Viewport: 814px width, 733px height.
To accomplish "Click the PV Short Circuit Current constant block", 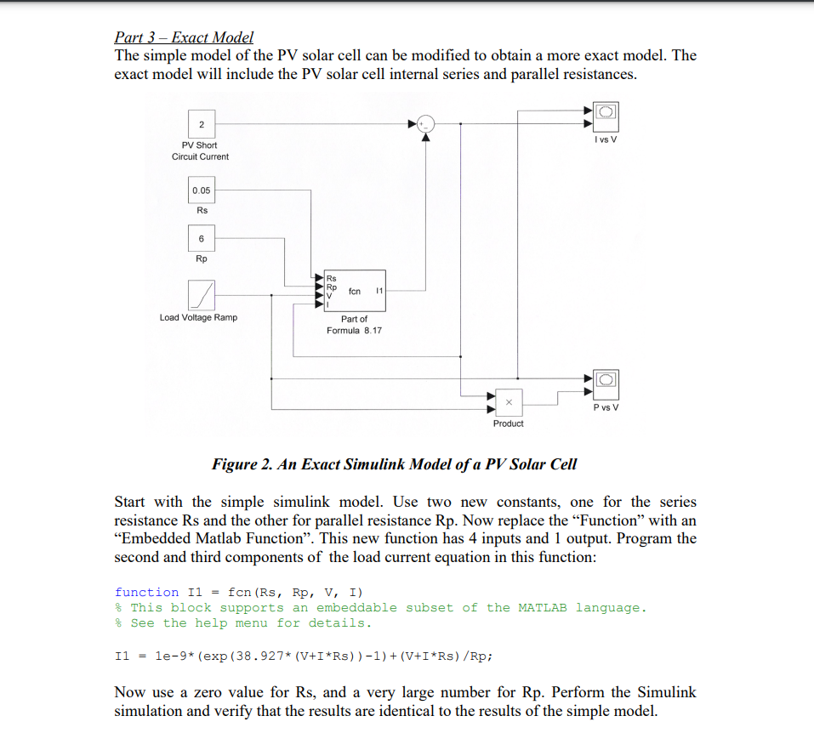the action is pos(202,124).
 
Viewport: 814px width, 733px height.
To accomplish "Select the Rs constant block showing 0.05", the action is pos(202,190).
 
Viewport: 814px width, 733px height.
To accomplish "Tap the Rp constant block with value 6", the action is pos(202,239).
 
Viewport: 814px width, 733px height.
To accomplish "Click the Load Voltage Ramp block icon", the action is pos(202,295).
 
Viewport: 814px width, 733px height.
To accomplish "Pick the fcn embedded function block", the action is pos(354,291).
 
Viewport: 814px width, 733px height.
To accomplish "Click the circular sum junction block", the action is pos(426,124).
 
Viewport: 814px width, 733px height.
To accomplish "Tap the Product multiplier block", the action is pos(508,401).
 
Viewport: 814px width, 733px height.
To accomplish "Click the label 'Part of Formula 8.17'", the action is pos(354,324).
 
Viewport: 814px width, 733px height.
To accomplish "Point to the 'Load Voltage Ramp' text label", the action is pos(198,317).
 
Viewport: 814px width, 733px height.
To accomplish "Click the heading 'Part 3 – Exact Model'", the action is pos(184,37).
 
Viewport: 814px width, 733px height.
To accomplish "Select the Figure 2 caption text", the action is pos(394,464).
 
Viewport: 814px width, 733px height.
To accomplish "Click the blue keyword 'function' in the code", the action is pos(146,592).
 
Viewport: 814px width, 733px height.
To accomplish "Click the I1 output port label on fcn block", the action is pos(379,291).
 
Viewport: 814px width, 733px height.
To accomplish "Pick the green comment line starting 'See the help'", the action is pos(250,623).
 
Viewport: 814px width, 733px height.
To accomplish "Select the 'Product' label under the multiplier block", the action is pos(508,423).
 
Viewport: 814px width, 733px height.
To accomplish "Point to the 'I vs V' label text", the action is pos(606,139).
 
